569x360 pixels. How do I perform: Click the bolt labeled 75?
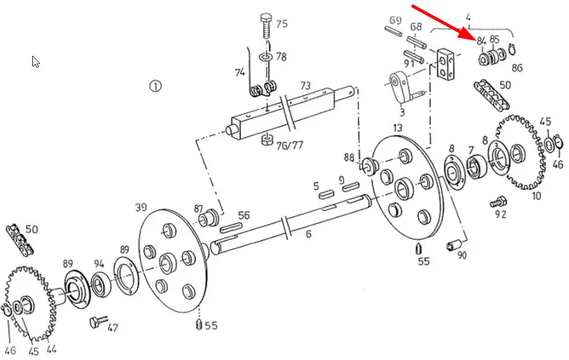[266, 26]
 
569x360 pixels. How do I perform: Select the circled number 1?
[155, 86]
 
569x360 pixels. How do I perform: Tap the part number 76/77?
[289, 146]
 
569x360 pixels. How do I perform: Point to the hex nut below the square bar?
[267, 139]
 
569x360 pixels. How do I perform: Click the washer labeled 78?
[265, 57]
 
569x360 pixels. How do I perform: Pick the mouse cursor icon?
[35, 61]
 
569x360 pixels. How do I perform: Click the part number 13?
[397, 128]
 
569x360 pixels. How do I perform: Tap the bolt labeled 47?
[99, 321]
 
